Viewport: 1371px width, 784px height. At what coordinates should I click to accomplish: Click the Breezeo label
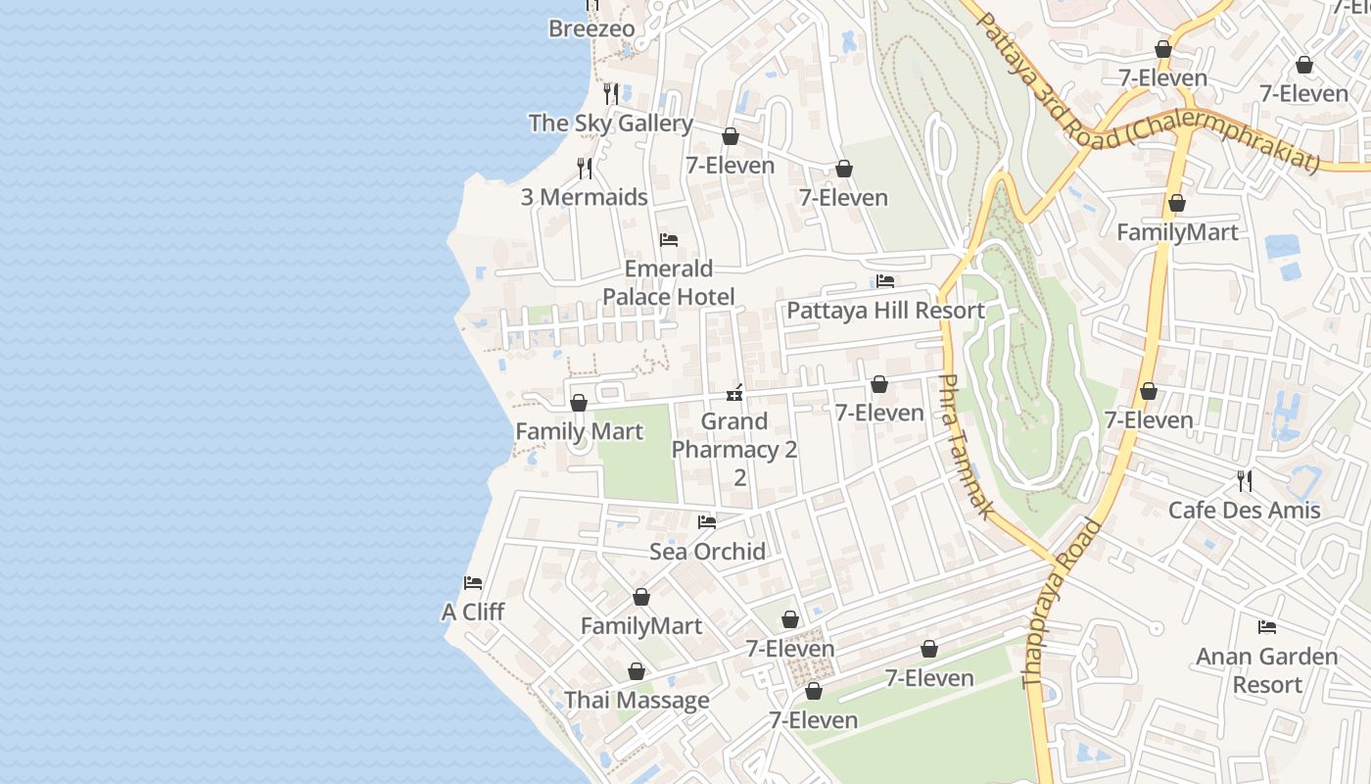(591, 28)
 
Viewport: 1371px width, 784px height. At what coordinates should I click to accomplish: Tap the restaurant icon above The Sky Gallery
(611, 94)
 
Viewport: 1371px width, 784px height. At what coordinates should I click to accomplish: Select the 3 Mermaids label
(584, 197)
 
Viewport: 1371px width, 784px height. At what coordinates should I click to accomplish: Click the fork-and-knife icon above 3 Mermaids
(585, 169)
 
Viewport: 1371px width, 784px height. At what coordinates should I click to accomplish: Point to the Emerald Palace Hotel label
(669, 282)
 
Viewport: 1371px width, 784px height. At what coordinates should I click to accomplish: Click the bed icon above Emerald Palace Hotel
(669, 239)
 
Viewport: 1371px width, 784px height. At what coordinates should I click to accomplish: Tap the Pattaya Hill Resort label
(885, 311)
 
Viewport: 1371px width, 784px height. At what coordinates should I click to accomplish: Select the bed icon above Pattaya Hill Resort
(885, 281)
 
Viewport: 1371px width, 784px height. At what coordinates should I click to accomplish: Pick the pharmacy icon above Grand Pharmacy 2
(734, 393)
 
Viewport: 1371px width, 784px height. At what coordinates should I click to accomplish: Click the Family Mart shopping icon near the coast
(579, 403)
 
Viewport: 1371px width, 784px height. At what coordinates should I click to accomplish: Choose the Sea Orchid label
(707, 552)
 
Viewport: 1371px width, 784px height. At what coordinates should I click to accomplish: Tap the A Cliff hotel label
(473, 612)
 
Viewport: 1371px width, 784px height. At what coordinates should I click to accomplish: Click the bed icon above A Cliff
(473, 583)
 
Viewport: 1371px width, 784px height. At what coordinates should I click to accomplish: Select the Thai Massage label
(637, 701)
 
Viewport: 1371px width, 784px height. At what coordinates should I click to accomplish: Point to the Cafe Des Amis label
(1244, 511)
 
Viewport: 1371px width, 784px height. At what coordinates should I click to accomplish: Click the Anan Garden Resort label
(1267, 670)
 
